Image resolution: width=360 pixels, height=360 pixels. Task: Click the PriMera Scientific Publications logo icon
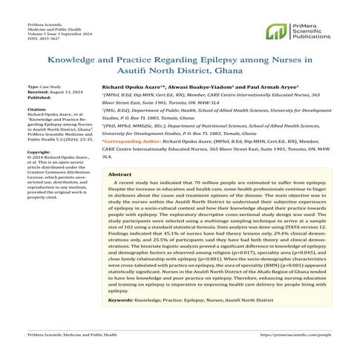pos(278,31)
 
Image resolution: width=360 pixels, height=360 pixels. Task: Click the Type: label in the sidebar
pos(34,87)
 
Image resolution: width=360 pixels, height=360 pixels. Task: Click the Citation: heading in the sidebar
pos(38,111)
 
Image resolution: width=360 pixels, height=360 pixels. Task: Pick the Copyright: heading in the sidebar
pos(39,152)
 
